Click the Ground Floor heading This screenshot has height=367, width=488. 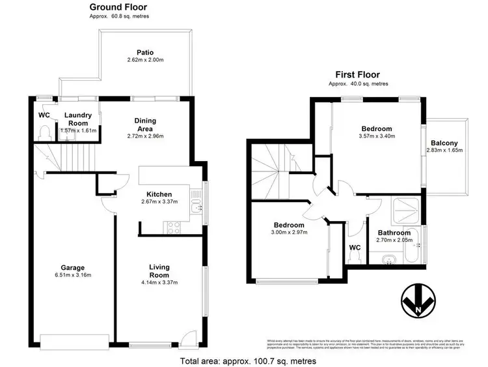117,7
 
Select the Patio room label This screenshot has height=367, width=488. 144,53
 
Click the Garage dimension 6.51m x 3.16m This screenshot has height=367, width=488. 73,274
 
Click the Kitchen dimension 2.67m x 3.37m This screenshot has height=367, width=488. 159,202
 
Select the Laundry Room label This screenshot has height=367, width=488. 78,119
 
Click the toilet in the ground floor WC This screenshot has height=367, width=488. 44,133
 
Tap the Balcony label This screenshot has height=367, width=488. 444,143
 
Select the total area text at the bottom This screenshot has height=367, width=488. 248,360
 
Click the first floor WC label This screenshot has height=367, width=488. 355,248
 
